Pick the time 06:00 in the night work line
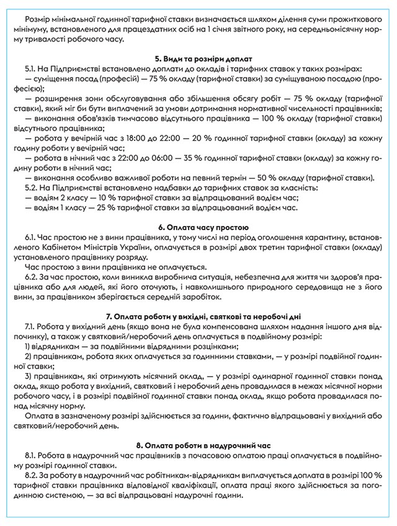181,158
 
